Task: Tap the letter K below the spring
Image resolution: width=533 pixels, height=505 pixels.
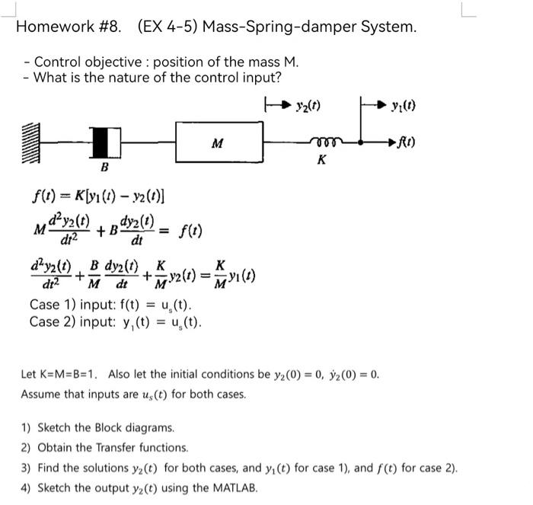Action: (x=322, y=161)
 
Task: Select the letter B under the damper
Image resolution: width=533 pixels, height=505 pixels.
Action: (x=105, y=167)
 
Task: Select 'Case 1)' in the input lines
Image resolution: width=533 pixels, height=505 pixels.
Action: (x=53, y=305)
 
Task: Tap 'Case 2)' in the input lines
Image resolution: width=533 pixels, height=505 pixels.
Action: (x=53, y=321)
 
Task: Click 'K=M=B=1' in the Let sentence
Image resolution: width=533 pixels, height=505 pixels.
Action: (x=72, y=375)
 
